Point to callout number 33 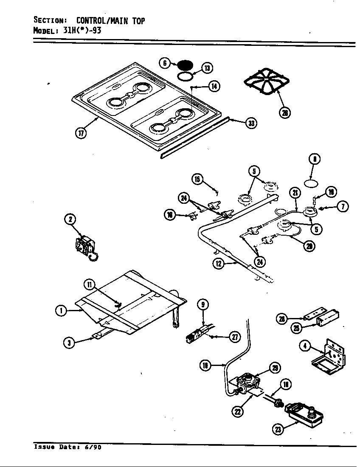pyautogui.click(x=252, y=123)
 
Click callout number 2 pyautogui.click(x=70, y=219)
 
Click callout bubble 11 pyautogui.click(x=90, y=284)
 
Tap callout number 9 pyautogui.click(x=203, y=304)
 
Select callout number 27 pyautogui.click(x=234, y=337)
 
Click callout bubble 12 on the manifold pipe pyautogui.click(x=219, y=264)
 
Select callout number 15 pyautogui.click(x=197, y=179)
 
